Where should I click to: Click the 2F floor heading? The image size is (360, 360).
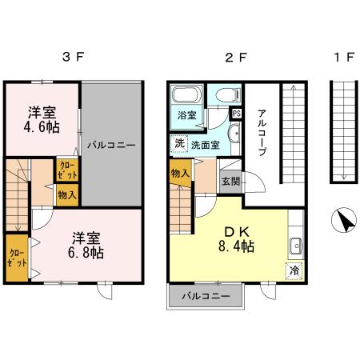[233, 57]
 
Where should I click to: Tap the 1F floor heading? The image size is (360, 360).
[343, 57]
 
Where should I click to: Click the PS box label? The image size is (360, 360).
[236, 114]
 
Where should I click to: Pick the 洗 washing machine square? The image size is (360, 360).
[179, 144]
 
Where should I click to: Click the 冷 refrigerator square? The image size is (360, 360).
[293, 270]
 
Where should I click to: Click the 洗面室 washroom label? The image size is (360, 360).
[207, 145]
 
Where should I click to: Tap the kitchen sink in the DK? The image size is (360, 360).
[294, 245]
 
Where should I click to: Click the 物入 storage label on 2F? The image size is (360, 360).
[180, 171]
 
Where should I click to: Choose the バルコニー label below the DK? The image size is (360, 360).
[206, 295]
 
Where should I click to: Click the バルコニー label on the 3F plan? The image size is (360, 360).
[111, 146]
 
